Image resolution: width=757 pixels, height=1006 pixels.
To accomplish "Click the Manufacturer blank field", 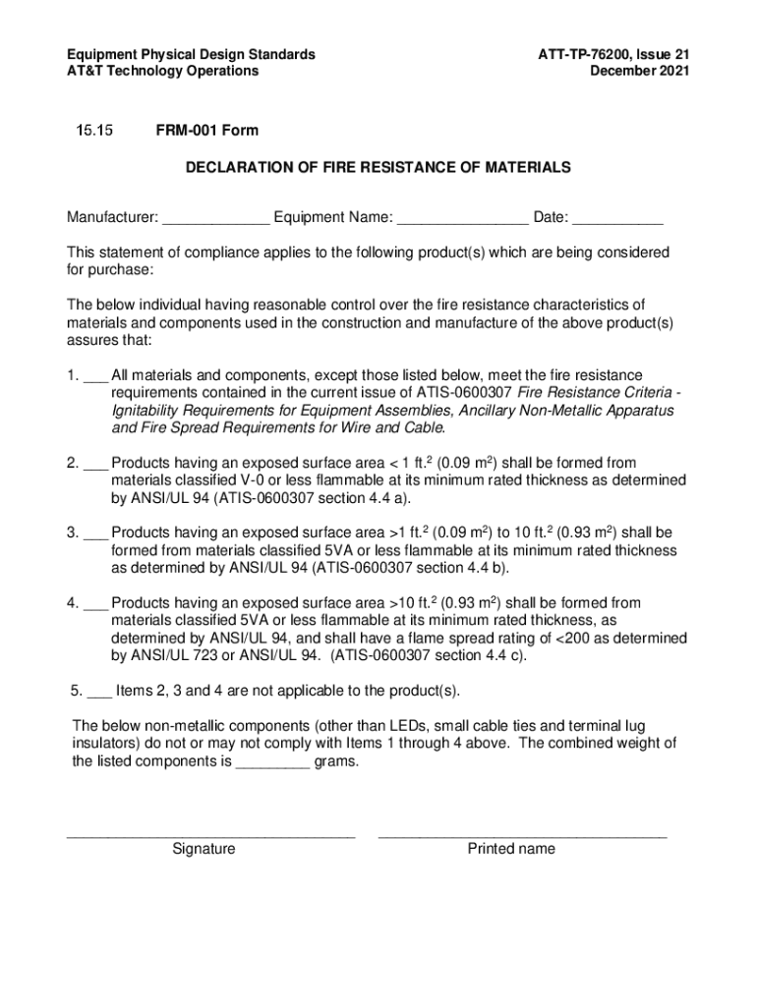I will coord(215,218).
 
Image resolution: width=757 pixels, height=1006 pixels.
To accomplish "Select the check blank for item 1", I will coord(95,376).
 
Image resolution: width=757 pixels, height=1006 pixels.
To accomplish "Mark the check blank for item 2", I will coord(95,464).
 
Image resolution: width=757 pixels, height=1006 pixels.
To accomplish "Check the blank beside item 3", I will coord(95,533).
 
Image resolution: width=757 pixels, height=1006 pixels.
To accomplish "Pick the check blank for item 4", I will coord(95,603).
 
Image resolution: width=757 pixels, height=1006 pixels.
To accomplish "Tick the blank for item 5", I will coord(99,691).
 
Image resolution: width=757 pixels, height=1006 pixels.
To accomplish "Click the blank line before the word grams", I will coord(272,762).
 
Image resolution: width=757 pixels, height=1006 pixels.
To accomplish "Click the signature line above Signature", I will coord(209,835).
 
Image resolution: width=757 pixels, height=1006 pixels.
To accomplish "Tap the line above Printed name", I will coord(522,835).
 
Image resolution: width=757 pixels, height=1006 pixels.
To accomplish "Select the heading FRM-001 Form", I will coord(206,131).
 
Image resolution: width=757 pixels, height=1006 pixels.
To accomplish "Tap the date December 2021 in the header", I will coord(639,71).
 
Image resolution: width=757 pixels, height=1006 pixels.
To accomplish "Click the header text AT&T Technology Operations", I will coord(162,71).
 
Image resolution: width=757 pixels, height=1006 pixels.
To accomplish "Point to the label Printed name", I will coord(511,849).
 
